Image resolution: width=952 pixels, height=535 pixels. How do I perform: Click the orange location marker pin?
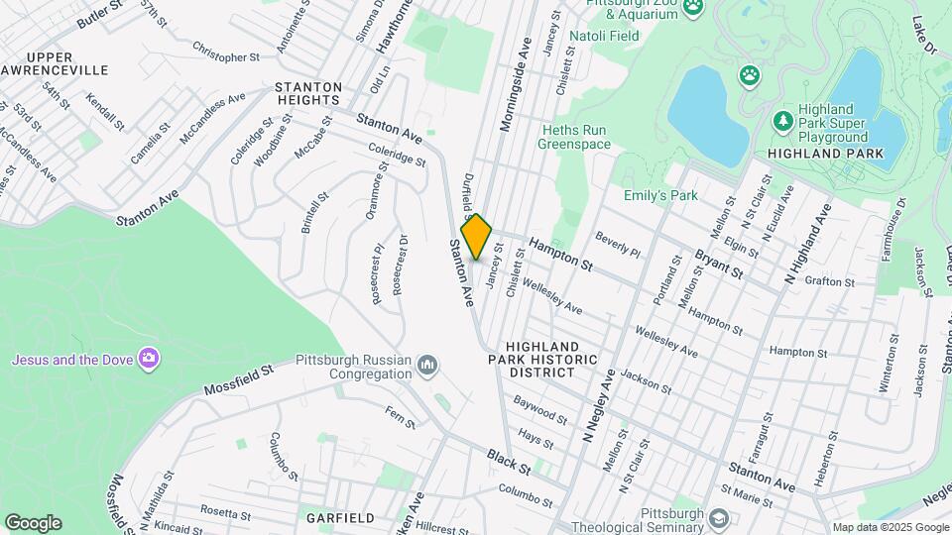(x=477, y=237)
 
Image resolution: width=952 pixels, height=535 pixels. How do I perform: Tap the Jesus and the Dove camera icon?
(x=149, y=358)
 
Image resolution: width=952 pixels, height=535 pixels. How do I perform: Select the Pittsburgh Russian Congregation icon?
(x=427, y=367)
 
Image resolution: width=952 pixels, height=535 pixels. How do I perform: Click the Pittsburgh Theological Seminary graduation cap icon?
(x=719, y=518)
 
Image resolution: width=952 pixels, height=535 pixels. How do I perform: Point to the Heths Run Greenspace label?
(x=574, y=137)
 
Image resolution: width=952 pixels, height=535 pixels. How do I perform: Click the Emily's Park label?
(x=660, y=196)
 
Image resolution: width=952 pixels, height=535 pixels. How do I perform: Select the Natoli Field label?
(x=603, y=35)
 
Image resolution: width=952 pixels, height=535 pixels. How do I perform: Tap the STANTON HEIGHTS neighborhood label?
(x=308, y=93)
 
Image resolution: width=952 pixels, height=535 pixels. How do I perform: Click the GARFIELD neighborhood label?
(x=340, y=518)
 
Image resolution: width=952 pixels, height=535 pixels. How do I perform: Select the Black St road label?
(x=509, y=459)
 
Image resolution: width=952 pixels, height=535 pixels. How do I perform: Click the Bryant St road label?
(x=720, y=264)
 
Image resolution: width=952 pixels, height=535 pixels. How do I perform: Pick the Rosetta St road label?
(x=224, y=513)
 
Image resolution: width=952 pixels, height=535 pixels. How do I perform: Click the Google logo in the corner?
(x=33, y=523)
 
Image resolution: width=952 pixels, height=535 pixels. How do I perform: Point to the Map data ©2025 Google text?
(x=890, y=527)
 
